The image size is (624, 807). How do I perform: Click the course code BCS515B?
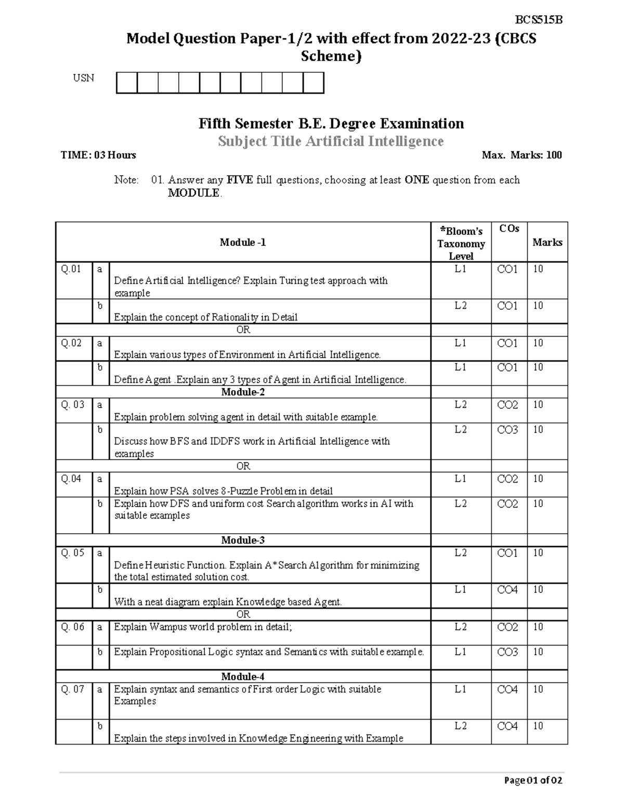(x=539, y=20)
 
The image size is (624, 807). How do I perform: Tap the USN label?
(x=83, y=78)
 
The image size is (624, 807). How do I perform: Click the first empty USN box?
(x=126, y=83)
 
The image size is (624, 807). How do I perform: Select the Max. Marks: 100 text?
(x=522, y=155)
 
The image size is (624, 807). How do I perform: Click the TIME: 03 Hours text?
(x=98, y=155)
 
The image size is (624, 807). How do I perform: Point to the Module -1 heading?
(x=243, y=242)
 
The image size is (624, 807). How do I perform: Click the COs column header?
(x=509, y=229)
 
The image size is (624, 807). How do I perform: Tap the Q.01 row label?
(x=71, y=269)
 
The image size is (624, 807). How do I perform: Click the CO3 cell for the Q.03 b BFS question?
(x=508, y=429)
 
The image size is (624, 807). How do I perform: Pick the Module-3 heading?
(x=243, y=540)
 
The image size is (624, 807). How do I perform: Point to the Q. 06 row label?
(x=73, y=627)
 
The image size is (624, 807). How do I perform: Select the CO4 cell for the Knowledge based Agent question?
(x=508, y=589)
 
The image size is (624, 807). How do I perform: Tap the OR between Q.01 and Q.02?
(x=243, y=330)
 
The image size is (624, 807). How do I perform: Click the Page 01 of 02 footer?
(x=533, y=780)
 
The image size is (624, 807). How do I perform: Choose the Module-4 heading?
(x=243, y=676)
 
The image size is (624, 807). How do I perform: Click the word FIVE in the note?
(x=239, y=180)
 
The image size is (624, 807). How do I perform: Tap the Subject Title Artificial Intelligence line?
(x=331, y=141)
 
